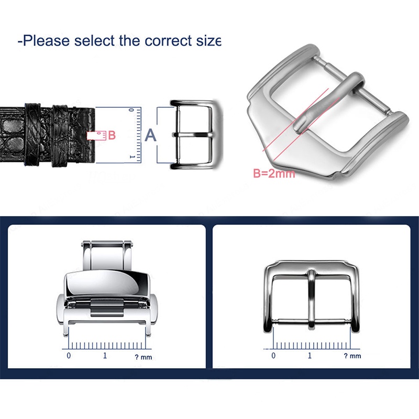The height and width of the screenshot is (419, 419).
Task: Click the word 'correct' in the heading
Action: click(x=168, y=41)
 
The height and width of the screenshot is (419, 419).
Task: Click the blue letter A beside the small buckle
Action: click(x=150, y=135)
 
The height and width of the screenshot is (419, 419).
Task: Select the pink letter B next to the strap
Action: click(x=112, y=135)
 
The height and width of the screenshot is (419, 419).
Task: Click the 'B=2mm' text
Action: click(x=274, y=173)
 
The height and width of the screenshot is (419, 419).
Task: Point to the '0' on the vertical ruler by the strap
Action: click(x=131, y=110)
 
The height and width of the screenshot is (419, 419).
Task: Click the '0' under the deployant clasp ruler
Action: click(x=69, y=356)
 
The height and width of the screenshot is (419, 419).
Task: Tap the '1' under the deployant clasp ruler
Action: click(x=105, y=356)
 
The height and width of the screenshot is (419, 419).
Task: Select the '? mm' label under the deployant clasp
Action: click(x=143, y=357)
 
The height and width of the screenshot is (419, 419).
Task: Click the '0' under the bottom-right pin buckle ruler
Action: click(x=273, y=356)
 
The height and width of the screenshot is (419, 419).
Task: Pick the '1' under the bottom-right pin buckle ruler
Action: click(x=310, y=356)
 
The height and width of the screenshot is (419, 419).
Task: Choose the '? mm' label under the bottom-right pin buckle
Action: click(x=352, y=356)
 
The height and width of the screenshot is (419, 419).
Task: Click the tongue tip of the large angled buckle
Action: click(x=299, y=126)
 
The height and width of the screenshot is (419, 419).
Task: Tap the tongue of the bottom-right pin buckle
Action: click(x=312, y=299)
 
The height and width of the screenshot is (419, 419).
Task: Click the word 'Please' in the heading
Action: click(x=46, y=41)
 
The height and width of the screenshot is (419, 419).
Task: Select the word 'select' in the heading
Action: click(x=94, y=41)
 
